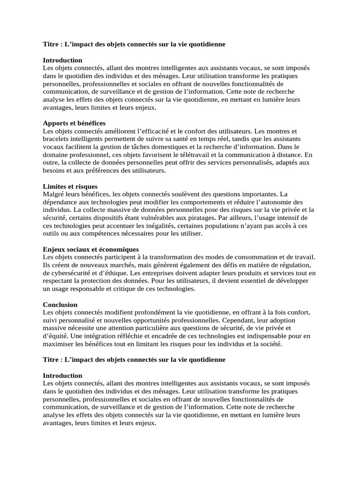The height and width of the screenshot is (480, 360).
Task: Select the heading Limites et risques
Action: coord(70,186)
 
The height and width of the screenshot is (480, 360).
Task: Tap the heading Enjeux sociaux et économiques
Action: coord(91,249)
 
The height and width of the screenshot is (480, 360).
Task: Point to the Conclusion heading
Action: coord(60,304)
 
